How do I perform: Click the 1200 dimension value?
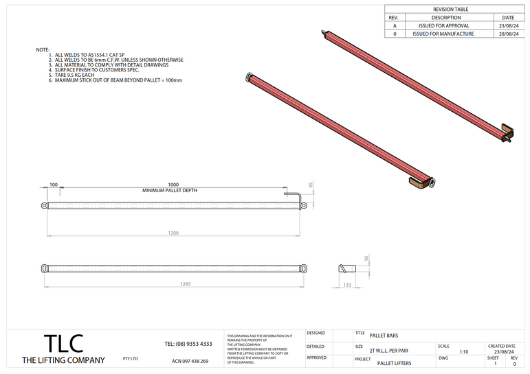click(x=173, y=234)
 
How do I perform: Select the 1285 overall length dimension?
click(x=185, y=283)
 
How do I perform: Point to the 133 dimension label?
click(x=346, y=284)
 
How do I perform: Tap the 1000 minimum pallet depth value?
click(x=173, y=185)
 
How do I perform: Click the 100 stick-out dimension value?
click(x=54, y=185)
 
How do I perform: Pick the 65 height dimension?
click(x=311, y=185)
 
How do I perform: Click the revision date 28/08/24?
click(x=508, y=33)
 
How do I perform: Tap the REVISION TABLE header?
click(x=450, y=10)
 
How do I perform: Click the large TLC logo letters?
click(x=63, y=344)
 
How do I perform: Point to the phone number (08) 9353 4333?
click(x=188, y=344)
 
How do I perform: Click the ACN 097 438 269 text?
click(x=190, y=361)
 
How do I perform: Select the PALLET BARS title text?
click(x=383, y=336)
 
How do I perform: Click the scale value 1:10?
click(x=464, y=351)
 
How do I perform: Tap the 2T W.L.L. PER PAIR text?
click(x=389, y=350)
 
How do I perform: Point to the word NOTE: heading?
click(x=43, y=50)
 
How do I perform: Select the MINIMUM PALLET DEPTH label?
click(x=170, y=190)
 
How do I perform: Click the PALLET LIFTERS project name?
click(x=395, y=362)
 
